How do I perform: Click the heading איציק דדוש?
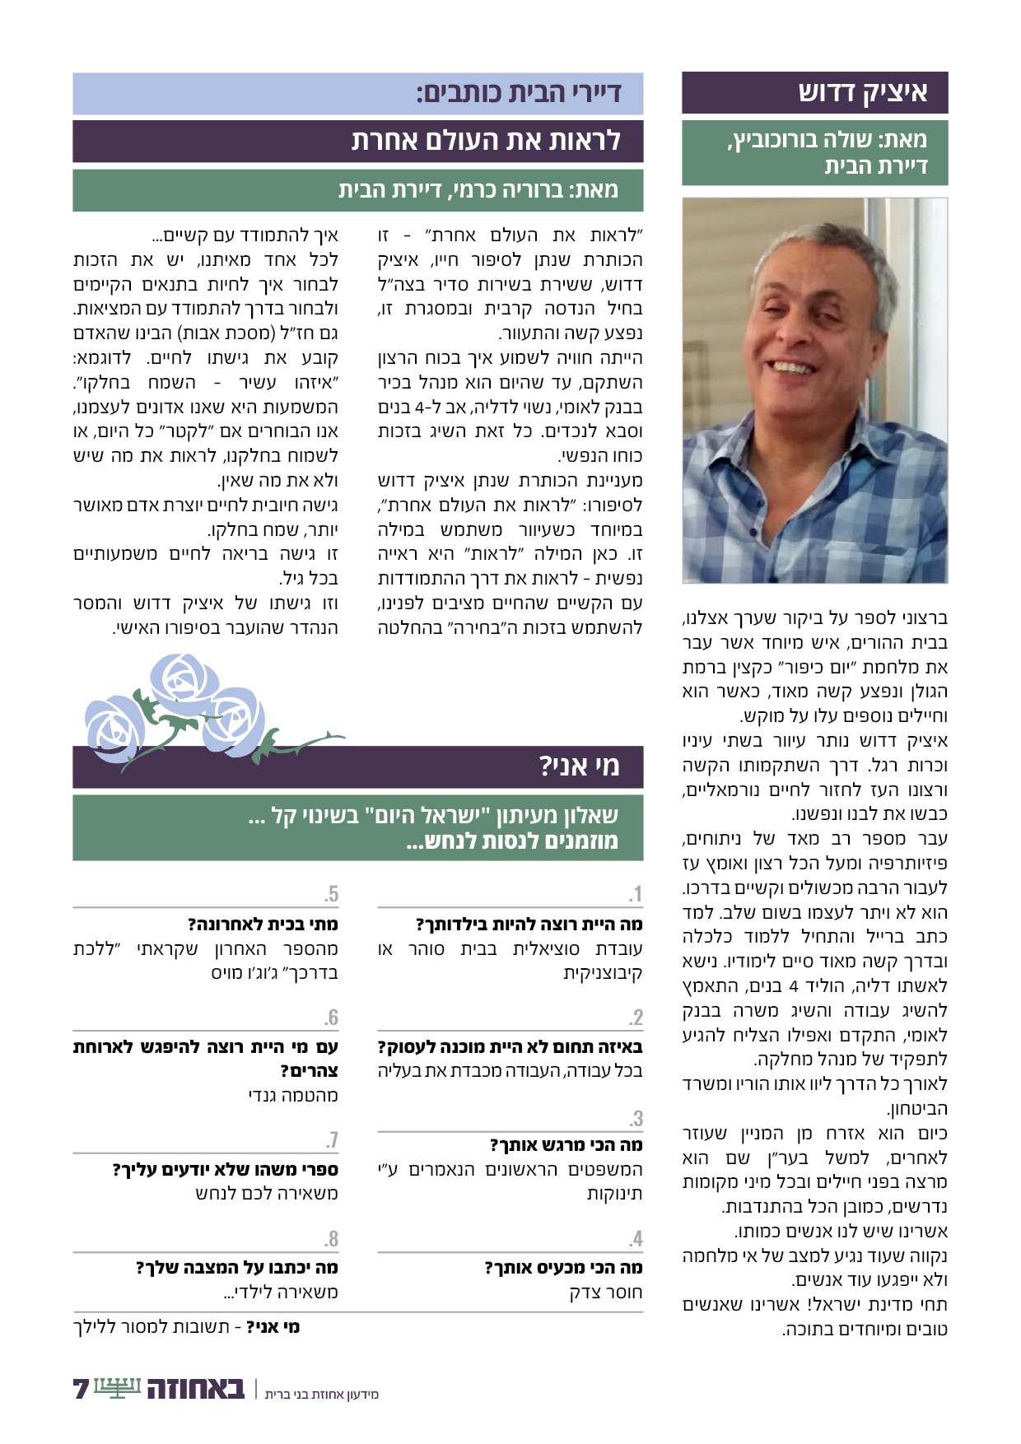(862, 92)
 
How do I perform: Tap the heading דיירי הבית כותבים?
(518, 93)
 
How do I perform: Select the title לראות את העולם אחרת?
(486, 141)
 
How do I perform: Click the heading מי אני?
(579, 766)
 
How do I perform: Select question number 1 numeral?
(635, 894)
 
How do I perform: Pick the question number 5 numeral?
(331, 894)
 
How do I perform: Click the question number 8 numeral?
(331, 1239)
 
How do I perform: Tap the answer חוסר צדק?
(605, 1293)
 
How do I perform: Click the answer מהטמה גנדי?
(293, 1096)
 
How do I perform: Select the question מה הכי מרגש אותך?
(566, 1145)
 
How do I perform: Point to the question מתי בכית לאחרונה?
(263, 925)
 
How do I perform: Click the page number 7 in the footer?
(81, 1389)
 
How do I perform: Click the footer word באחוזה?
(196, 1389)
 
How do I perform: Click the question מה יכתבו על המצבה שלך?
(237, 1268)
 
